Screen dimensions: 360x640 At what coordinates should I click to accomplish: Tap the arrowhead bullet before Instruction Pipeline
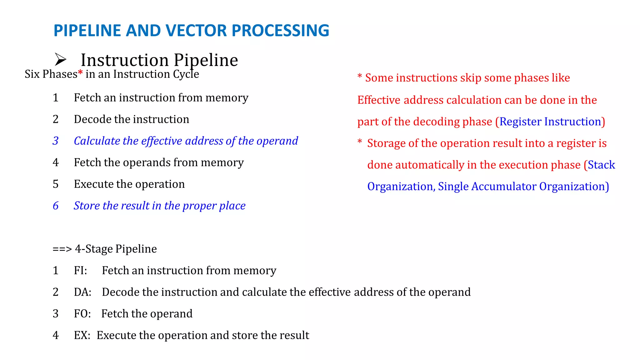click(x=60, y=59)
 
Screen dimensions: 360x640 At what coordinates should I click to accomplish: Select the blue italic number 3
click(x=56, y=141)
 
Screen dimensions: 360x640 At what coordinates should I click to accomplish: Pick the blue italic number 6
click(x=56, y=206)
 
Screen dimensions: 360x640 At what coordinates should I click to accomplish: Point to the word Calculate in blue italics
click(x=97, y=141)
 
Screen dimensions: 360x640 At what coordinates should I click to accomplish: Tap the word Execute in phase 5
click(x=94, y=184)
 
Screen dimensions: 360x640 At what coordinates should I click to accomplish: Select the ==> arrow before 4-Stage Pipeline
click(x=62, y=249)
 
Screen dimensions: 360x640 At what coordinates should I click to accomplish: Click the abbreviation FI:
click(x=80, y=270)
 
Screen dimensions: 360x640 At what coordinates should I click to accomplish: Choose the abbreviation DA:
click(x=82, y=292)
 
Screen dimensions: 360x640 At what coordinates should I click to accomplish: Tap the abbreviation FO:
click(x=82, y=314)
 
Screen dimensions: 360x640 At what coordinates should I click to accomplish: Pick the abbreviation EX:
click(x=82, y=335)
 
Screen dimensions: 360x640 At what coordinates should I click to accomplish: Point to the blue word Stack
click(x=601, y=165)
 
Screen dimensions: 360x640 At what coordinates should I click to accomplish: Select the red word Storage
click(x=386, y=143)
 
